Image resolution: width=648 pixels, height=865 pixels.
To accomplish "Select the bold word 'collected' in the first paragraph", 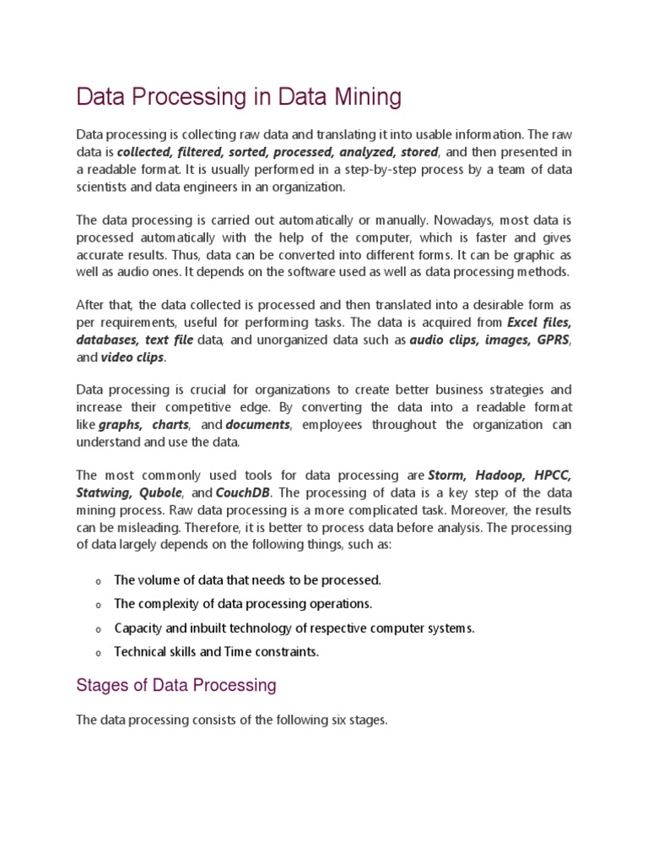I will coord(144,152).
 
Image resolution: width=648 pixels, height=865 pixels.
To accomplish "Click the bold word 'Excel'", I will coord(523,322).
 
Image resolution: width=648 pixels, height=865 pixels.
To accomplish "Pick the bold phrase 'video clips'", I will coord(133,357).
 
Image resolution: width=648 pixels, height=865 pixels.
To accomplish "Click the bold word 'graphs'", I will coord(121,424).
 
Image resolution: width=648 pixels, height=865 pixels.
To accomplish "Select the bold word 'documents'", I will coord(257,424).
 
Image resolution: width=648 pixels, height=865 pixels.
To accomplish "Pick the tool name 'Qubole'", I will coord(160,492).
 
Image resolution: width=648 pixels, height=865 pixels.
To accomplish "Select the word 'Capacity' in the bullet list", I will coord(137,628).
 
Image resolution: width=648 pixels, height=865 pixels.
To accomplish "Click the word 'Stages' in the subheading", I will coord(101,685).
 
